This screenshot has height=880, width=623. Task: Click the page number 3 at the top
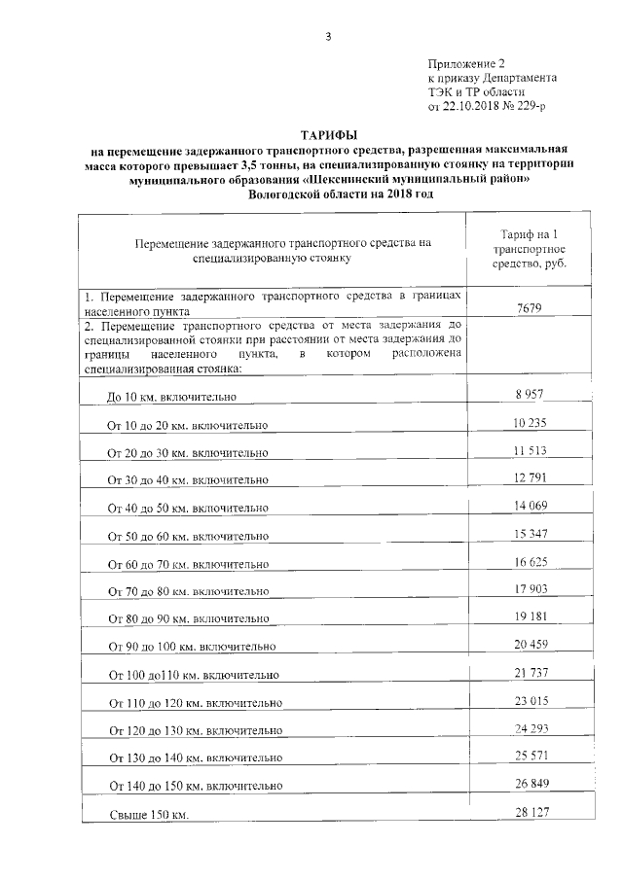pyautogui.click(x=329, y=36)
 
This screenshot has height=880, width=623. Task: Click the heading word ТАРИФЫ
pyautogui.click(x=329, y=136)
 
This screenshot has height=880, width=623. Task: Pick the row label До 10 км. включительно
pyautogui.click(x=172, y=397)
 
